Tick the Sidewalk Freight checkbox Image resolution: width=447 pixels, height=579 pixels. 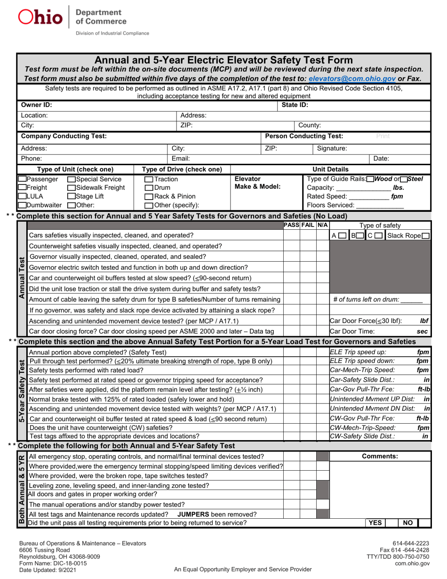[71, 187]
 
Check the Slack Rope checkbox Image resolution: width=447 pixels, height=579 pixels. [425, 235]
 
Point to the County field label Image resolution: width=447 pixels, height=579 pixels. [310, 126]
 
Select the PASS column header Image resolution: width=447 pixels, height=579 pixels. [292, 225]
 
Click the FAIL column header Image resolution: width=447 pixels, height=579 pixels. [308, 225]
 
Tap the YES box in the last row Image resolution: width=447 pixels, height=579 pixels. [375, 522]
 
